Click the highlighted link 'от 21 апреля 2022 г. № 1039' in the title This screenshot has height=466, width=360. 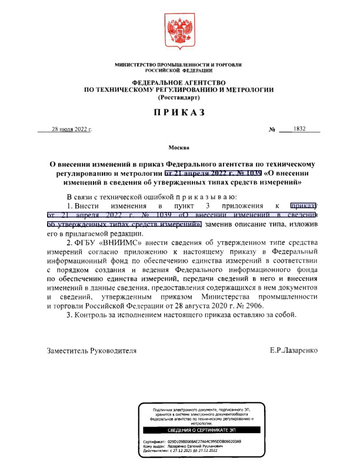[x=213, y=174]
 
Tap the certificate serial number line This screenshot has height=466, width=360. [x=193, y=441]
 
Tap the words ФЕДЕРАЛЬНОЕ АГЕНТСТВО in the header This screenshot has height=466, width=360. [x=179, y=82]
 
